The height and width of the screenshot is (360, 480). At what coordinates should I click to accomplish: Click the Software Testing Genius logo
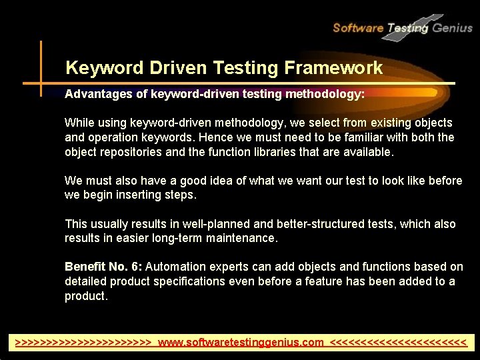pos(402,27)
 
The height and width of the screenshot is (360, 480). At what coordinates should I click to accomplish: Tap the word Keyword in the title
pos(104,67)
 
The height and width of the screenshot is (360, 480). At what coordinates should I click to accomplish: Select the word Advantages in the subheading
pos(99,95)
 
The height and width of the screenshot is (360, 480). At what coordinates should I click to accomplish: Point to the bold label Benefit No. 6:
pos(103,267)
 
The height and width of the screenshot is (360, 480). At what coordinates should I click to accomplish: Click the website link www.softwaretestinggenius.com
pos(241,343)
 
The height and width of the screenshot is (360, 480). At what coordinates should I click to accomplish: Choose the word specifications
pos(189,281)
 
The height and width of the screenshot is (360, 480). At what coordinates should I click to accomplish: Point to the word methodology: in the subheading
pos(325,95)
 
